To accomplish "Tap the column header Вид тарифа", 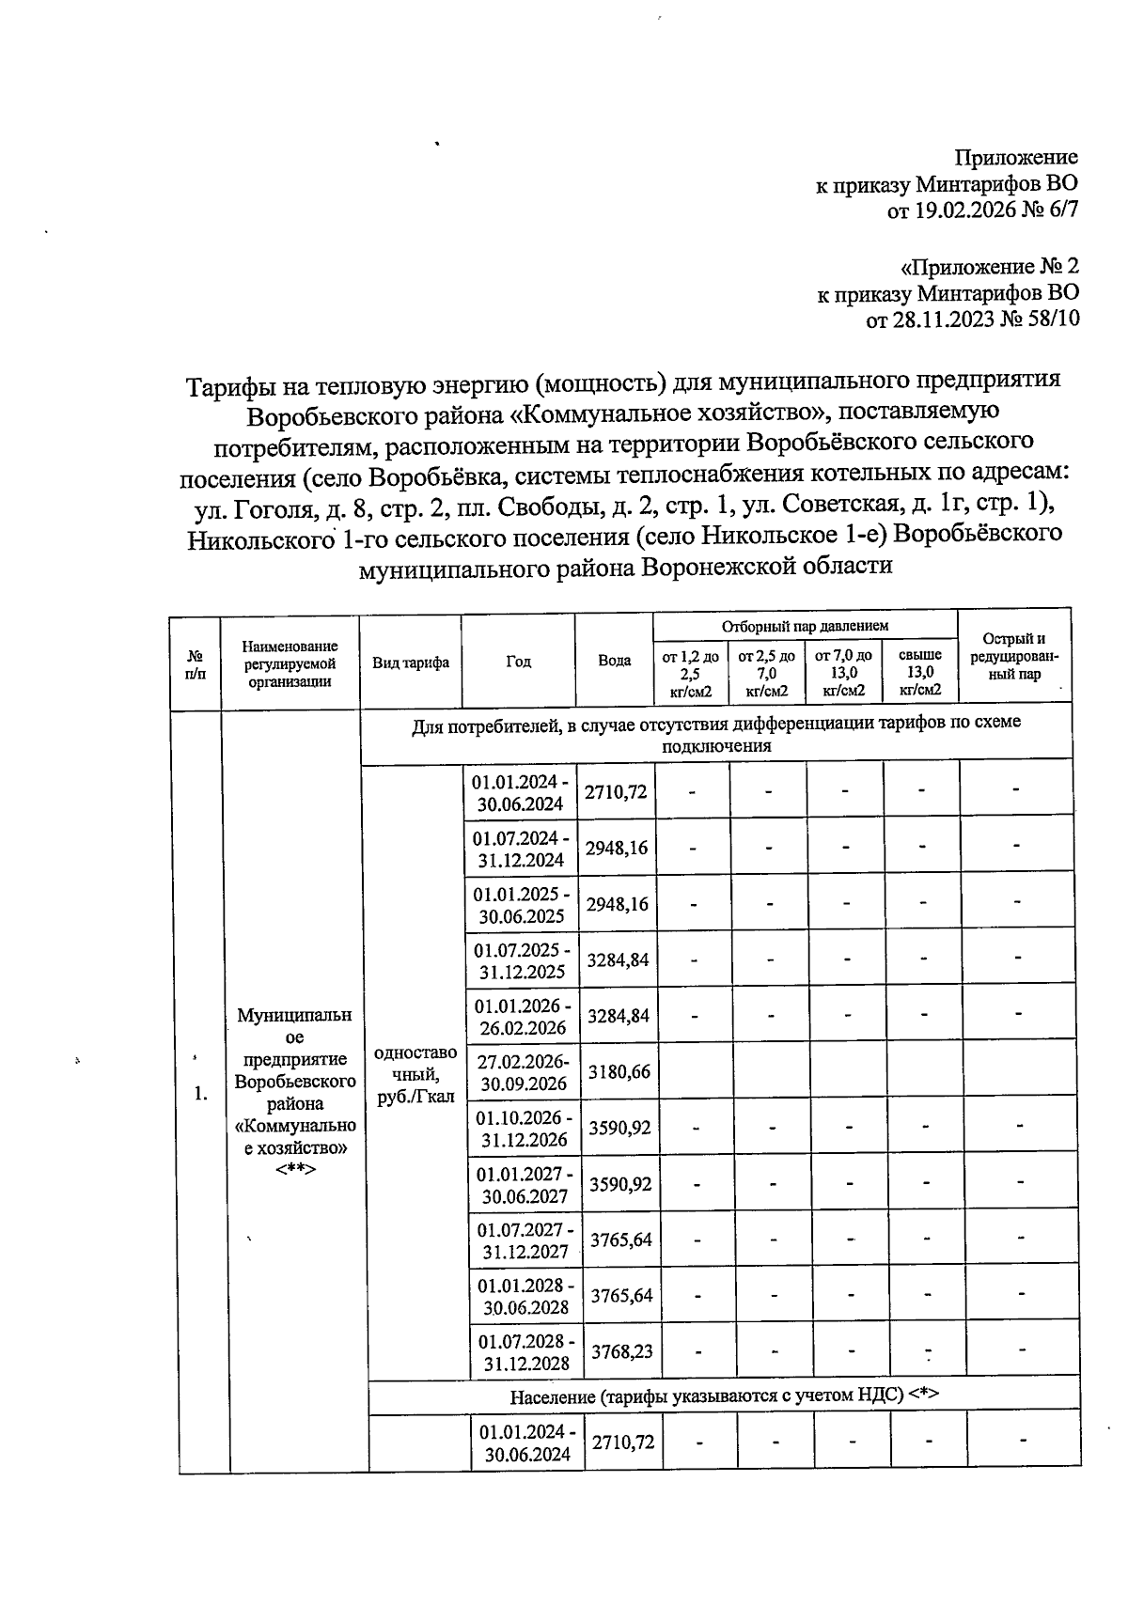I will tap(410, 662).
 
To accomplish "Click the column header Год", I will tap(518, 662).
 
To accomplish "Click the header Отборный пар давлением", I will tap(805, 626).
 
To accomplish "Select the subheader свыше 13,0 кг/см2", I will tap(919, 673).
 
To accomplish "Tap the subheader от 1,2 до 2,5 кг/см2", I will tap(690, 673).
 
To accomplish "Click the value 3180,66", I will tap(619, 1071).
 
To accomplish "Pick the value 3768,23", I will tap(620, 1351).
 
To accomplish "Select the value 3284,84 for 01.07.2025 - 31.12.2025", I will tap(618, 960).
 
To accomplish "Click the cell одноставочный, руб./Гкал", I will tap(415, 1073).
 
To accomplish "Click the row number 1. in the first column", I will tap(199, 1093).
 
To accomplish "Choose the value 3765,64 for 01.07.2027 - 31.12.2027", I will tap(620, 1240).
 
